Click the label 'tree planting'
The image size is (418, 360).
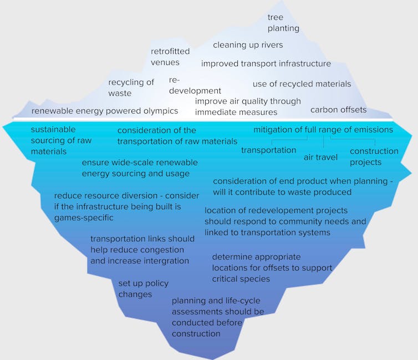tap(283, 23)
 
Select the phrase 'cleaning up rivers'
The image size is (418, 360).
tap(248, 45)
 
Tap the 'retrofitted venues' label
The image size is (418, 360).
tap(170, 57)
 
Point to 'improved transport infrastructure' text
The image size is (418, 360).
tap(266, 64)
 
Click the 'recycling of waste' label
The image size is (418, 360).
tap(131, 88)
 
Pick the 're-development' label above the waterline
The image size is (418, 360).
tap(195, 85)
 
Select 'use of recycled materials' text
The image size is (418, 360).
tap(302, 84)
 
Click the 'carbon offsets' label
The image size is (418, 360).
tap(338, 110)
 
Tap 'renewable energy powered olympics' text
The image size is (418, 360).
tap(105, 111)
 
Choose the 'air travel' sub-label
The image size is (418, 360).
tap(320, 158)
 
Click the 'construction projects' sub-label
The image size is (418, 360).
tap(374, 156)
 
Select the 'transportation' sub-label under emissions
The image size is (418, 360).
tap(268, 150)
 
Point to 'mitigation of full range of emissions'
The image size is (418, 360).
tap(323, 130)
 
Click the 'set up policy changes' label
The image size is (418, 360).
tap(143, 288)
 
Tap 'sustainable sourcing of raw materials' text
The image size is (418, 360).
tap(61, 140)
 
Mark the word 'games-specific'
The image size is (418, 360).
tap(84, 217)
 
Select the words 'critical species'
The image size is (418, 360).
tap(241, 278)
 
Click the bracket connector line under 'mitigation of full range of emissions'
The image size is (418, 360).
tap(323, 140)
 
